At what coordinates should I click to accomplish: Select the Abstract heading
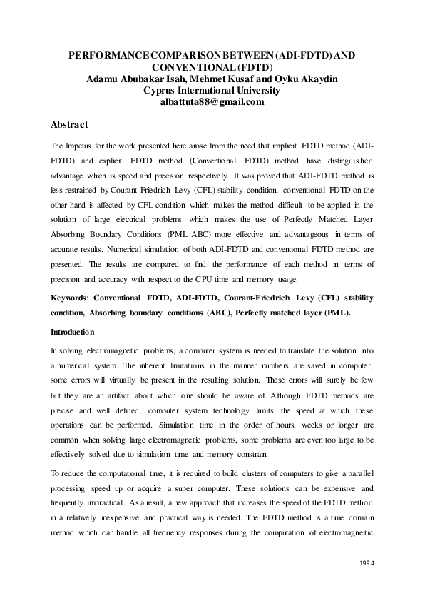pyautogui.click(x=69, y=124)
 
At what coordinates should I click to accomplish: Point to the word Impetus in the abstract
pyautogui.click(x=81, y=146)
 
